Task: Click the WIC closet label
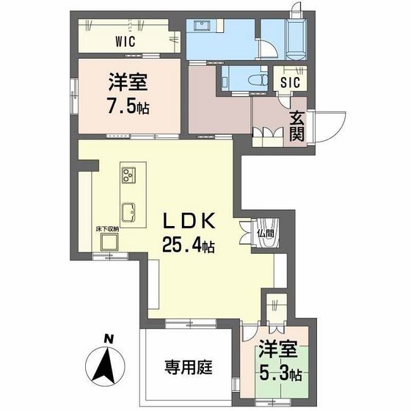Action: tap(126, 41)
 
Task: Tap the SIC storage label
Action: tap(288, 83)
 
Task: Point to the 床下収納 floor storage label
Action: tap(107, 229)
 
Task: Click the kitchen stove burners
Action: tap(129, 176)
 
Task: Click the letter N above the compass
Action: tap(108, 339)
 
